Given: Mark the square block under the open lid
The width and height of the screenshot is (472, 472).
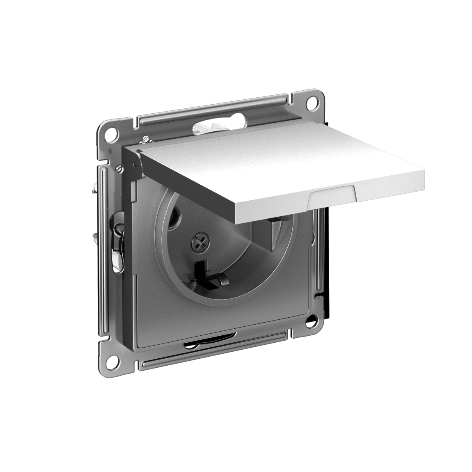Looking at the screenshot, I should (x=271, y=232).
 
